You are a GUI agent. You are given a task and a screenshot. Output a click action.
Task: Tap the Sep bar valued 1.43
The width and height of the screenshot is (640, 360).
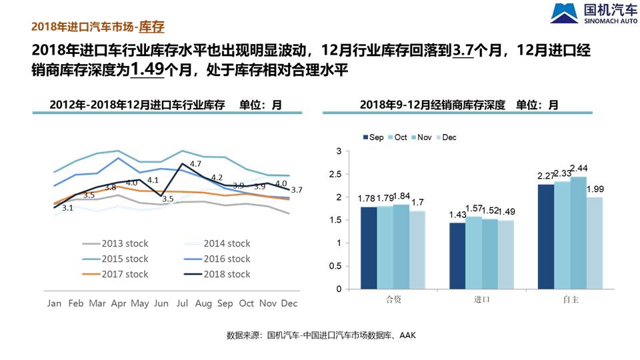point(457,256)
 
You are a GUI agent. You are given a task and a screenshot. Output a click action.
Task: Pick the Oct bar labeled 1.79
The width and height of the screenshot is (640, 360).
point(385,248)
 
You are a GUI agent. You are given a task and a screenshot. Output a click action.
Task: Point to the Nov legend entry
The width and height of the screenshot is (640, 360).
point(422,137)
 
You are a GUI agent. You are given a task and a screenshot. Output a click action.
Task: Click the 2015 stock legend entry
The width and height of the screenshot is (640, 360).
point(119,259)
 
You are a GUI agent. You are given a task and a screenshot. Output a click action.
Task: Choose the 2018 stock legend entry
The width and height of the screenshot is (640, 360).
point(222,274)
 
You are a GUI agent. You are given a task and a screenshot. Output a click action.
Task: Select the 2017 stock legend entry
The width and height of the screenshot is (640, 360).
point(119,274)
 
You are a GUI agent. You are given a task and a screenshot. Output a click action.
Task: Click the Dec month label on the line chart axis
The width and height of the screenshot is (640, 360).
point(289,303)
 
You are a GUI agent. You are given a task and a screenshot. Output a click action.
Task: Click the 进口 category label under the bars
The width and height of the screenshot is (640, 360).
point(481,299)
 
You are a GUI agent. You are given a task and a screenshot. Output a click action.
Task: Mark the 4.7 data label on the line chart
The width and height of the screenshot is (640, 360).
point(195,164)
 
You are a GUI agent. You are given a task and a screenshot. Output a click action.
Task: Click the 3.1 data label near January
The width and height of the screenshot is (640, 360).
point(67,208)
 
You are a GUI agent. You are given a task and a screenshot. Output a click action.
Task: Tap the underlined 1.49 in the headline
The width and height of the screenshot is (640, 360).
point(147,69)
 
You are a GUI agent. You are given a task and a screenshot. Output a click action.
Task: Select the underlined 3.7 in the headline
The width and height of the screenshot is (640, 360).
point(463,51)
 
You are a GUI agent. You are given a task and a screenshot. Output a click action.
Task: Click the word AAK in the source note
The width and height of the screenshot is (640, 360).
point(407,335)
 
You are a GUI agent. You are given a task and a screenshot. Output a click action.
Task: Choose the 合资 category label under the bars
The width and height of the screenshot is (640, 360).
point(393,299)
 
